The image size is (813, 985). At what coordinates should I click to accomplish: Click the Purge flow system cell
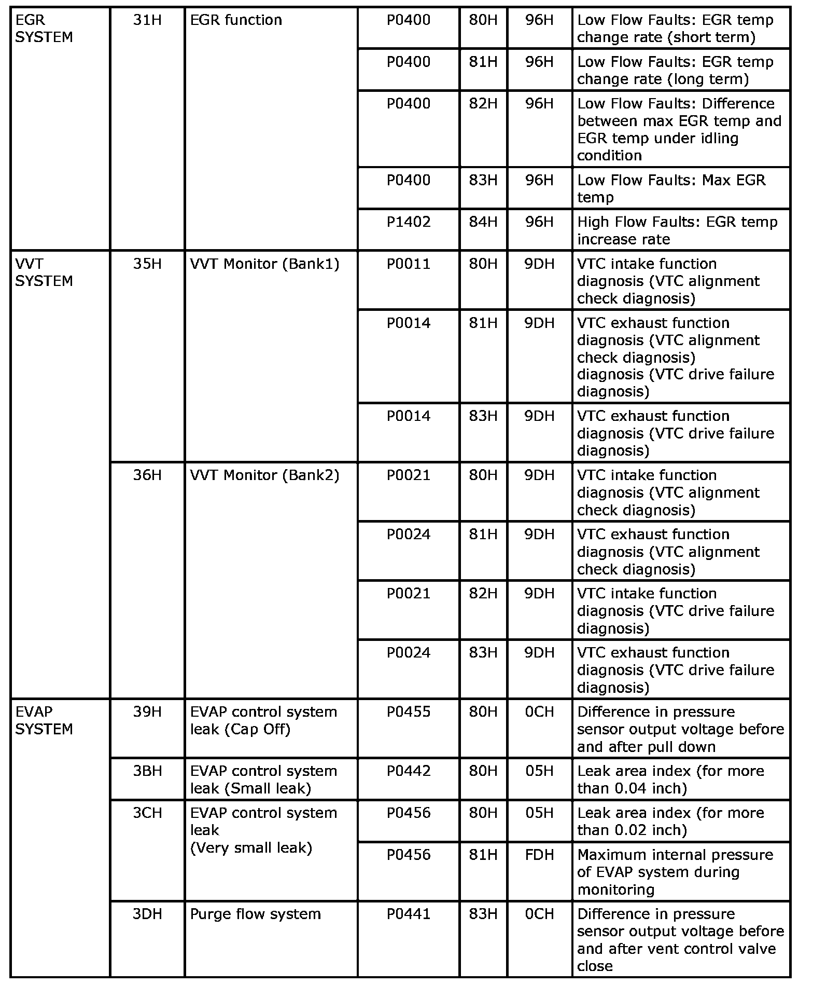256,914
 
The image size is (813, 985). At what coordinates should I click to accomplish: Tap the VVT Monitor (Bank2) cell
264,475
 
